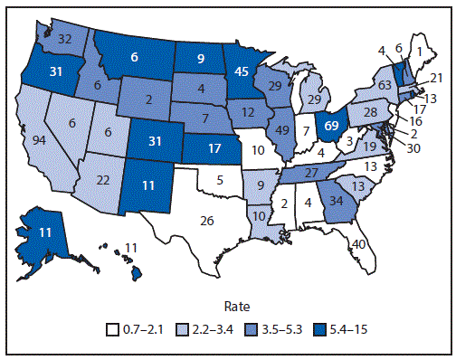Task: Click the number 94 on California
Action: (40, 139)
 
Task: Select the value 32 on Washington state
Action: (65, 39)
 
